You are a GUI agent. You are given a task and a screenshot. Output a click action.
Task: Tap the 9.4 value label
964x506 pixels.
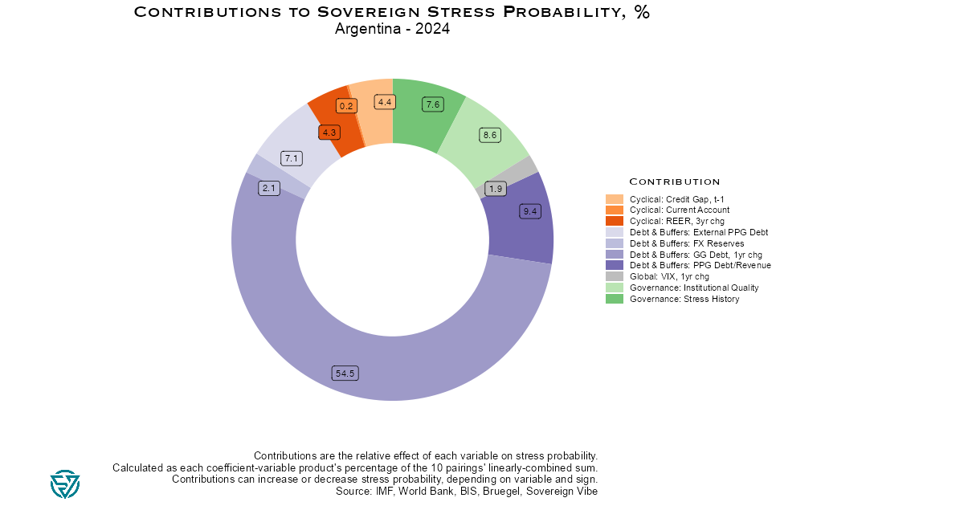pyautogui.click(x=530, y=211)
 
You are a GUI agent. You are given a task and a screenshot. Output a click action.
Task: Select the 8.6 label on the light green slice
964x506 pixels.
pyautogui.click(x=489, y=136)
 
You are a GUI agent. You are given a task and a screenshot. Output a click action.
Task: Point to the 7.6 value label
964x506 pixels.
pyautogui.click(x=433, y=104)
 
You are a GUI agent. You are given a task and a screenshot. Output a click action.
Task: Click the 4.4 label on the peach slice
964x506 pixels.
pyautogui.click(x=385, y=102)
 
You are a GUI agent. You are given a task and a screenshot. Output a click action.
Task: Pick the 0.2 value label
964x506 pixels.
pyautogui.click(x=346, y=106)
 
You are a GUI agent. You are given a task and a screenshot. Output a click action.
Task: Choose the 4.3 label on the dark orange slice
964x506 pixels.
pyautogui.click(x=329, y=133)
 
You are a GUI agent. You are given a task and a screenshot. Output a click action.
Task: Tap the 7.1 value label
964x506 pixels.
pyautogui.click(x=291, y=158)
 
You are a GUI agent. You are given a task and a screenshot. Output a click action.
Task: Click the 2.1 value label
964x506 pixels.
pyautogui.click(x=268, y=188)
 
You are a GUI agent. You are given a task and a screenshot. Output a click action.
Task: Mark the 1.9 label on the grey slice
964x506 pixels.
pyautogui.click(x=496, y=189)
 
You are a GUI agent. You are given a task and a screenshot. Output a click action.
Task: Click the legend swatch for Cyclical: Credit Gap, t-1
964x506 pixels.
pyautogui.click(x=614, y=198)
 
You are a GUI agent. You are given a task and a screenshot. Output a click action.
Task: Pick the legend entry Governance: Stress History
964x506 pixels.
pyautogui.click(x=684, y=299)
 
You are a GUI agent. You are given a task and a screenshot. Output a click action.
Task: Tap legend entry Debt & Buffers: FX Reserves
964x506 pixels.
pyautogui.click(x=686, y=243)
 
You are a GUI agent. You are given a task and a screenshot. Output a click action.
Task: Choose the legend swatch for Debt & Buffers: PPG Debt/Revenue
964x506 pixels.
pyautogui.click(x=614, y=265)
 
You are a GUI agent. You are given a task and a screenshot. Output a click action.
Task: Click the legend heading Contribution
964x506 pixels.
pyautogui.click(x=674, y=182)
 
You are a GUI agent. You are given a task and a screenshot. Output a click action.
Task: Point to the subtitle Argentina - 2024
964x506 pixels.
pyautogui.click(x=392, y=29)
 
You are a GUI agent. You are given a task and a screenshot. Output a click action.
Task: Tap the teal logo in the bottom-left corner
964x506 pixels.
pyautogui.click(x=65, y=484)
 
